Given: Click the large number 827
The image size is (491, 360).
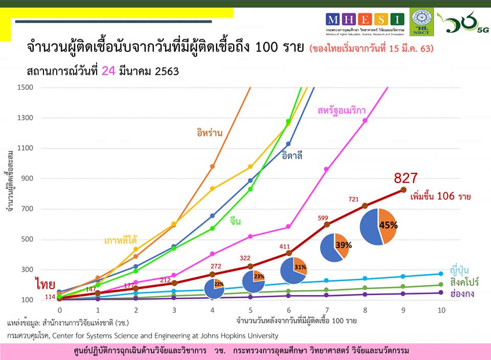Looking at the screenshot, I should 406,178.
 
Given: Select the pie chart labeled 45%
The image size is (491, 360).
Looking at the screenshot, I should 378,227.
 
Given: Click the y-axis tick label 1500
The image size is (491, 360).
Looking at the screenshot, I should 25,87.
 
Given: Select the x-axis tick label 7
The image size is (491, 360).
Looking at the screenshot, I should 327,310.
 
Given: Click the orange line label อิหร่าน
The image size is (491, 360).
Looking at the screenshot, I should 209,133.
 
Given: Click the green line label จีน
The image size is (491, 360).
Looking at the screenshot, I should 235,221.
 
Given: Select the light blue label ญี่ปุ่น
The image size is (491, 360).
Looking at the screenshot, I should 460,269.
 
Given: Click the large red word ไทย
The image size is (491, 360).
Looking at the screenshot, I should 45,283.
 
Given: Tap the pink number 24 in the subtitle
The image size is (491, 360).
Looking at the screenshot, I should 108,71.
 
